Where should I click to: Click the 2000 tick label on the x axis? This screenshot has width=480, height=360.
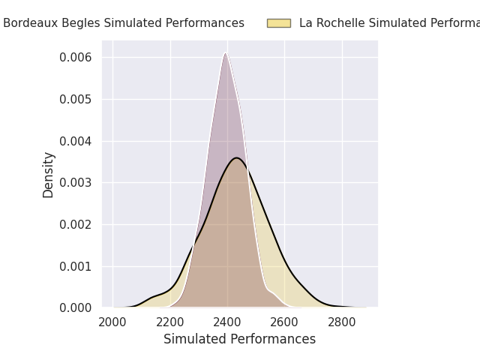(112, 322)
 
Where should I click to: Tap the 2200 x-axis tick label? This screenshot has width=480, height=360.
(170, 322)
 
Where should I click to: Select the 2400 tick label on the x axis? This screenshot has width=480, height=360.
(227, 322)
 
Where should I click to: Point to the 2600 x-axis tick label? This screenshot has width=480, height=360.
(285, 322)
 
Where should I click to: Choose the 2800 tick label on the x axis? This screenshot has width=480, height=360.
(342, 322)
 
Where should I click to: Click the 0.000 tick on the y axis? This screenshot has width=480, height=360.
(76, 308)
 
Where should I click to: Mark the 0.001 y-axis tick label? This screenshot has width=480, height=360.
(76, 266)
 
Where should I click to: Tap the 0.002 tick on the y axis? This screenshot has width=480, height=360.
(76, 224)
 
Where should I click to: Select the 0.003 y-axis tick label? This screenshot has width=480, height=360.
(76, 183)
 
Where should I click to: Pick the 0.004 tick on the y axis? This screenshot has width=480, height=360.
(76, 141)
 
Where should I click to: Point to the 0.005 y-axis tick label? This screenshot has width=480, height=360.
(76, 99)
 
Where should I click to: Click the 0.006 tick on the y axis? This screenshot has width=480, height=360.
(76, 58)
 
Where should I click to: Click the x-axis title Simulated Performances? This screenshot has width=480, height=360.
(239, 339)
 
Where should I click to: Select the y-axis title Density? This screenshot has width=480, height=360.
(49, 175)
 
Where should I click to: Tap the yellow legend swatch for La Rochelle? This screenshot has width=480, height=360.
(278, 23)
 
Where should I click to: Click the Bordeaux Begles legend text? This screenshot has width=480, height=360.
(124, 23)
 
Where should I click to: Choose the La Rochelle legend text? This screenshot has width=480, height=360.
(389, 23)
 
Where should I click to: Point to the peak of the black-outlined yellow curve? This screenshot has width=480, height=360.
(237, 157)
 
